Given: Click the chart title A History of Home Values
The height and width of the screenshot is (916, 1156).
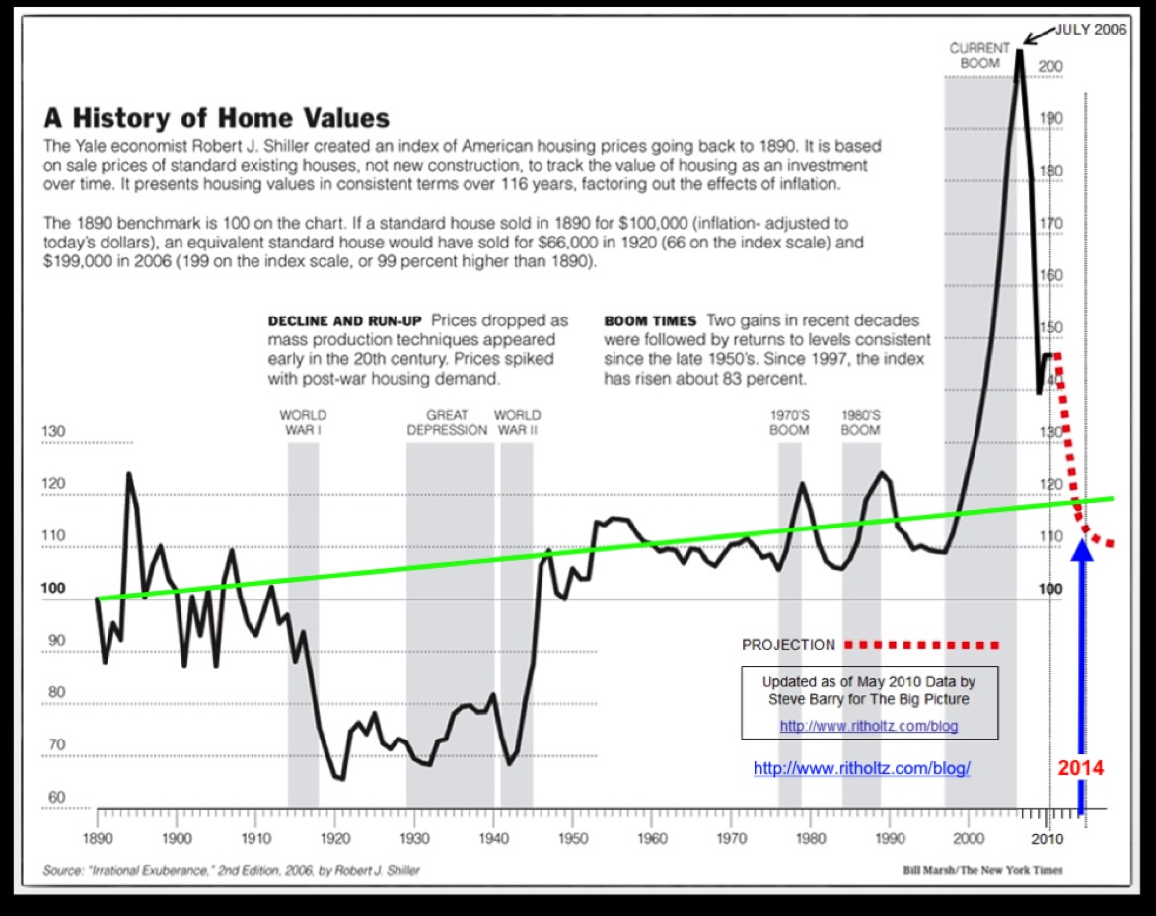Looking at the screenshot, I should point(216,119).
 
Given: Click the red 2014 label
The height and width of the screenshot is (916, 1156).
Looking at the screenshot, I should point(1080,768).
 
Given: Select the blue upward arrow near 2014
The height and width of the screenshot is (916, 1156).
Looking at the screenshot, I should point(1082,670).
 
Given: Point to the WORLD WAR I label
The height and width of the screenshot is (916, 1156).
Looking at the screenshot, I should point(303,422).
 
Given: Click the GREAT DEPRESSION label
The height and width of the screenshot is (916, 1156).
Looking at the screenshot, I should point(447,422).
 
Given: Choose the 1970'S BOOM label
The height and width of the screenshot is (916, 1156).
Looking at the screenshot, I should point(789,422).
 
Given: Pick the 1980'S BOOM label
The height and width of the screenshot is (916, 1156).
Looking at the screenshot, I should point(860,422).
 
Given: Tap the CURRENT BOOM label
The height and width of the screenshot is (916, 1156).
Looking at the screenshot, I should point(979,54).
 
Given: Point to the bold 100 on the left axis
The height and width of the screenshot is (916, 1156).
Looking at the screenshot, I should point(55,589).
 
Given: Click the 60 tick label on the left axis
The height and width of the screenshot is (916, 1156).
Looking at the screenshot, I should point(55,797).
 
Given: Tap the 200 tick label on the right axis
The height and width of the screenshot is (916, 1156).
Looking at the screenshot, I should point(1049,67).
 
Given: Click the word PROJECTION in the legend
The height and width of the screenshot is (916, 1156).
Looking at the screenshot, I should point(788,645).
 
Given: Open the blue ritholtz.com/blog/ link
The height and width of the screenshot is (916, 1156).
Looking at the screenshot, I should point(862,768).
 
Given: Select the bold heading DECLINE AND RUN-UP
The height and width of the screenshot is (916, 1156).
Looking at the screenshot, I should point(345,321).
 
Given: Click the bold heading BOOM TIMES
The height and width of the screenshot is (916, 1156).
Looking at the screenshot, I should point(650,321).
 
